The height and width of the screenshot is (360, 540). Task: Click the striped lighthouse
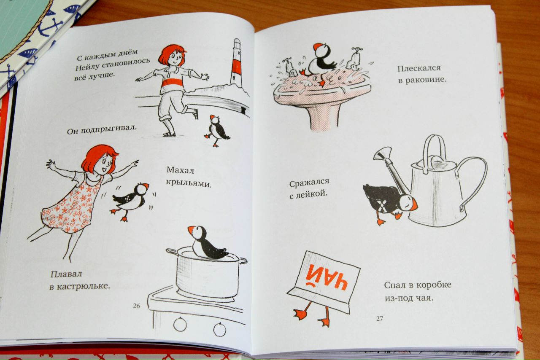[x=236, y=63]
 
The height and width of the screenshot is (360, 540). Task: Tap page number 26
[x=136, y=306]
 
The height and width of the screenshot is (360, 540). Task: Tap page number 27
[x=380, y=319]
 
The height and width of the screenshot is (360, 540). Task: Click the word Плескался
[x=419, y=68]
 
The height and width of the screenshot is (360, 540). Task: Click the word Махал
[x=180, y=170]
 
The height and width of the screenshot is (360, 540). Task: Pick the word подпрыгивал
[x=108, y=129]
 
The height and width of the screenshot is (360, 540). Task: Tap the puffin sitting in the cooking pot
[x=207, y=243]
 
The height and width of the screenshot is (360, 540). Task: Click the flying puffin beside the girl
[x=130, y=200]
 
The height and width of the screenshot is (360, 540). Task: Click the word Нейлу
[x=87, y=67]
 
